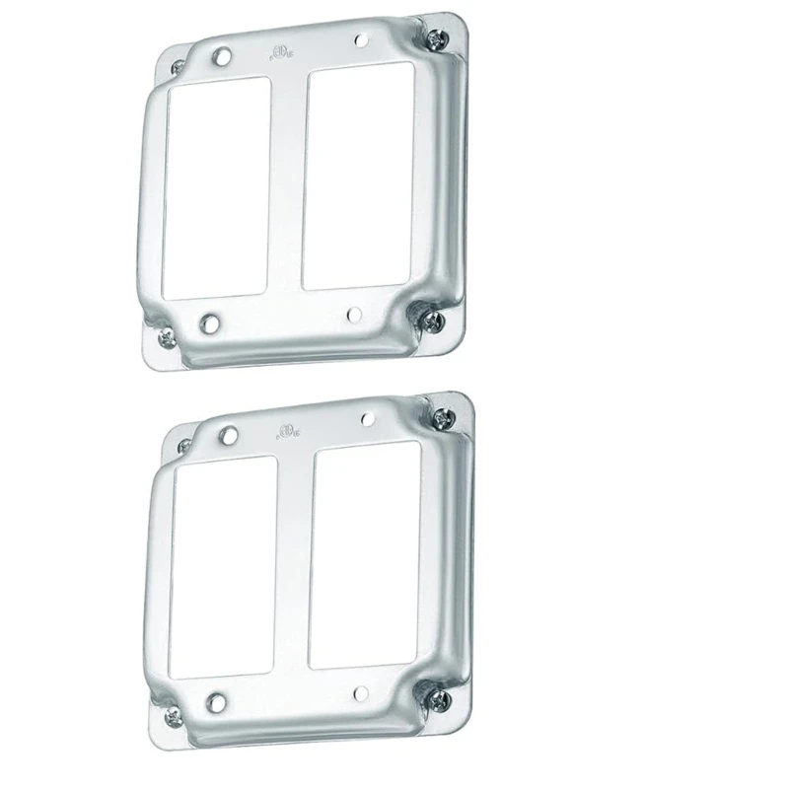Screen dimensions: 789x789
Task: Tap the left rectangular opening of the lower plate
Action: tap(223, 568)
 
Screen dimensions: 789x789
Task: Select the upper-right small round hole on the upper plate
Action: tap(359, 41)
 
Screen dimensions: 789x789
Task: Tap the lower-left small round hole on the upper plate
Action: tap(210, 323)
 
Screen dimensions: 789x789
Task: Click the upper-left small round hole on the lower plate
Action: tap(228, 434)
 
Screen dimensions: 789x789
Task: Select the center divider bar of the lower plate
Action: tap(293, 562)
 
